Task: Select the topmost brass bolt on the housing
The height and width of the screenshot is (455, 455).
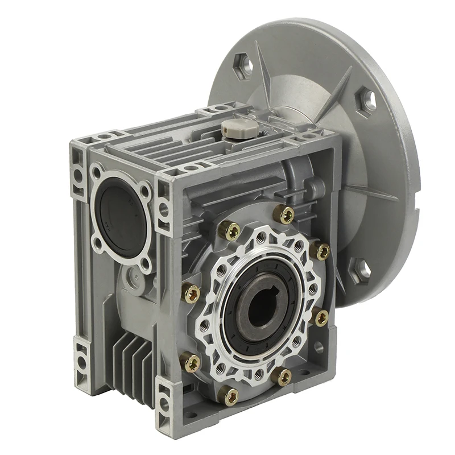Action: [x=284, y=214]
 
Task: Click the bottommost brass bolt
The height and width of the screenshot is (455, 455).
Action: [x=229, y=396]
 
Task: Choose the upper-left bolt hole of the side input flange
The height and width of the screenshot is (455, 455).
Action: [x=97, y=171]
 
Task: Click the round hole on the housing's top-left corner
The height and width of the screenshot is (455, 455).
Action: [x=103, y=136]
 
